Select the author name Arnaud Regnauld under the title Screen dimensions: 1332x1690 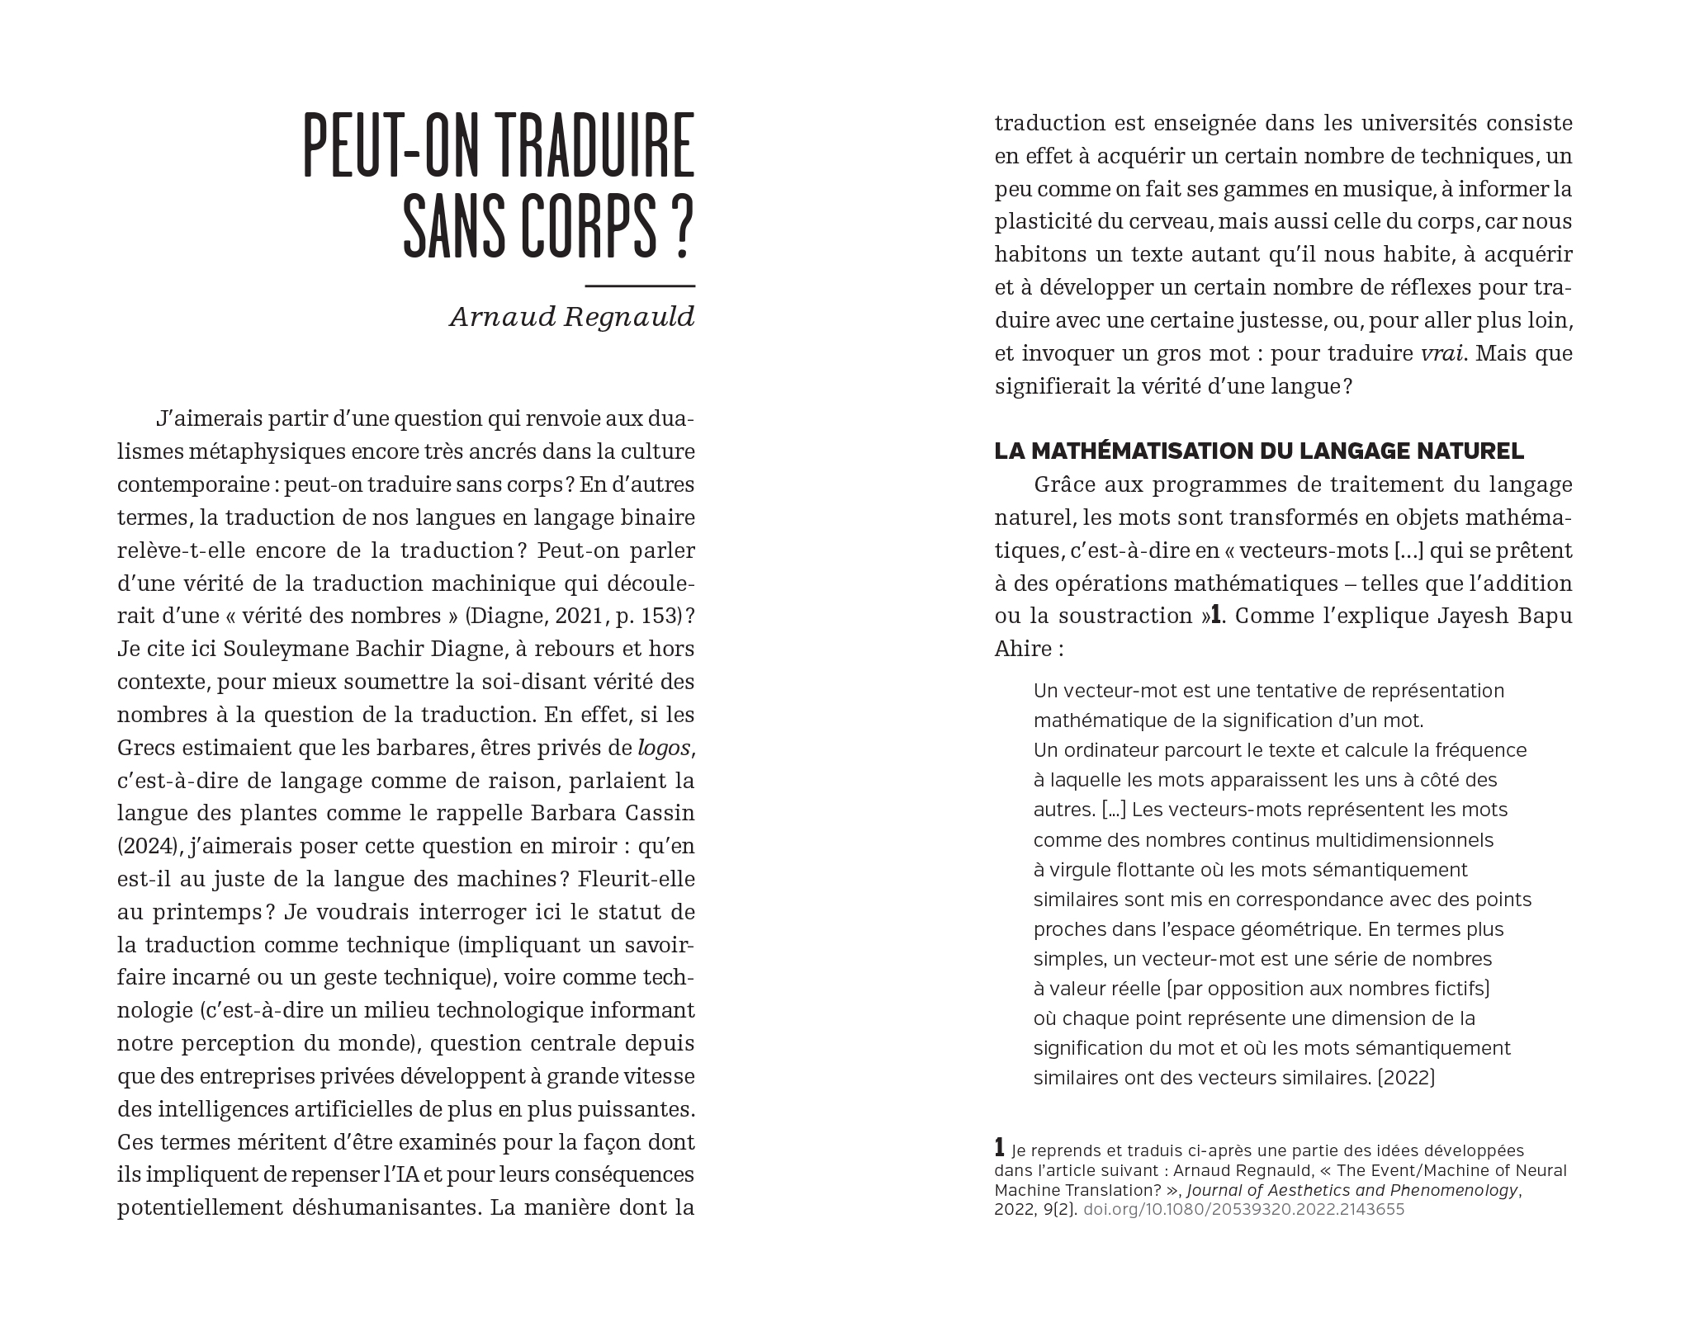[572, 317]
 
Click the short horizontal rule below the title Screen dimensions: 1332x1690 [640, 286]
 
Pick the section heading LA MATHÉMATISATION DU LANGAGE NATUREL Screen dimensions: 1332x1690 [1259, 451]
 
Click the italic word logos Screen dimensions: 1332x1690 [664, 748]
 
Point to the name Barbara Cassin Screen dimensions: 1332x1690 [613, 813]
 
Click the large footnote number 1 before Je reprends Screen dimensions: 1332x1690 [1000, 1148]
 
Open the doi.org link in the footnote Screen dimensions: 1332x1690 [1243, 1210]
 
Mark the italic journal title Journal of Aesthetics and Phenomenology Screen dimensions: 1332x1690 [1352, 1190]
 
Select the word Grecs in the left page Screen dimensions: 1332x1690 [146, 748]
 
